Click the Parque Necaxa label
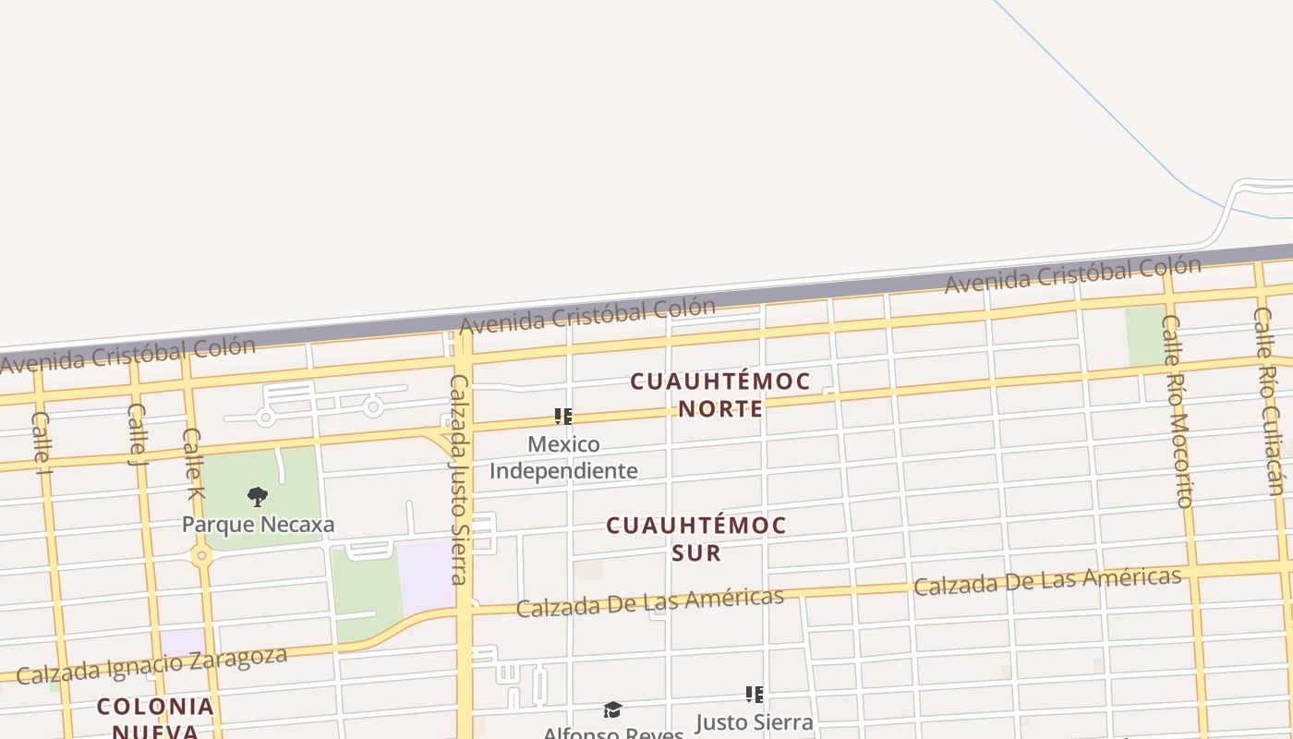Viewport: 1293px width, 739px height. coord(258,525)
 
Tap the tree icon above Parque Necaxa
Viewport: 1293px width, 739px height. coord(258,497)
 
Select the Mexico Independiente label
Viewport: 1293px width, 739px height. coord(563,457)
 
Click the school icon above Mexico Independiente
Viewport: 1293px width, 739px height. coord(563,417)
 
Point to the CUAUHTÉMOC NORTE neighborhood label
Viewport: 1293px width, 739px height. coord(720,394)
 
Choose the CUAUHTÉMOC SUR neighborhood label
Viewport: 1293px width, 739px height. coord(696,539)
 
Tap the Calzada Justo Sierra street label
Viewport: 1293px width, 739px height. coord(459,479)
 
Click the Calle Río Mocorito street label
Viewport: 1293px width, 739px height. coord(1178,411)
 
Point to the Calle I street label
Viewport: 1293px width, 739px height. coord(41,442)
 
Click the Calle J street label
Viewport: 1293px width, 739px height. coord(138,433)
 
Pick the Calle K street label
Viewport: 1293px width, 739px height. coord(192,463)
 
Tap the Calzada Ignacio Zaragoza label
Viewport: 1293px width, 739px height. coord(151,665)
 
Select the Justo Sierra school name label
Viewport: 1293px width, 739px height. coord(754,721)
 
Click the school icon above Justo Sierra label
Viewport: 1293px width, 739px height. coord(755,694)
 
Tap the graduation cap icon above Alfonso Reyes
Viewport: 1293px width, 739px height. coord(612,709)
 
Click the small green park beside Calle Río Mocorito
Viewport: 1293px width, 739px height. coord(1145,335)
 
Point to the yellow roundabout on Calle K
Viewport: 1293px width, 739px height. coord(201,556)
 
